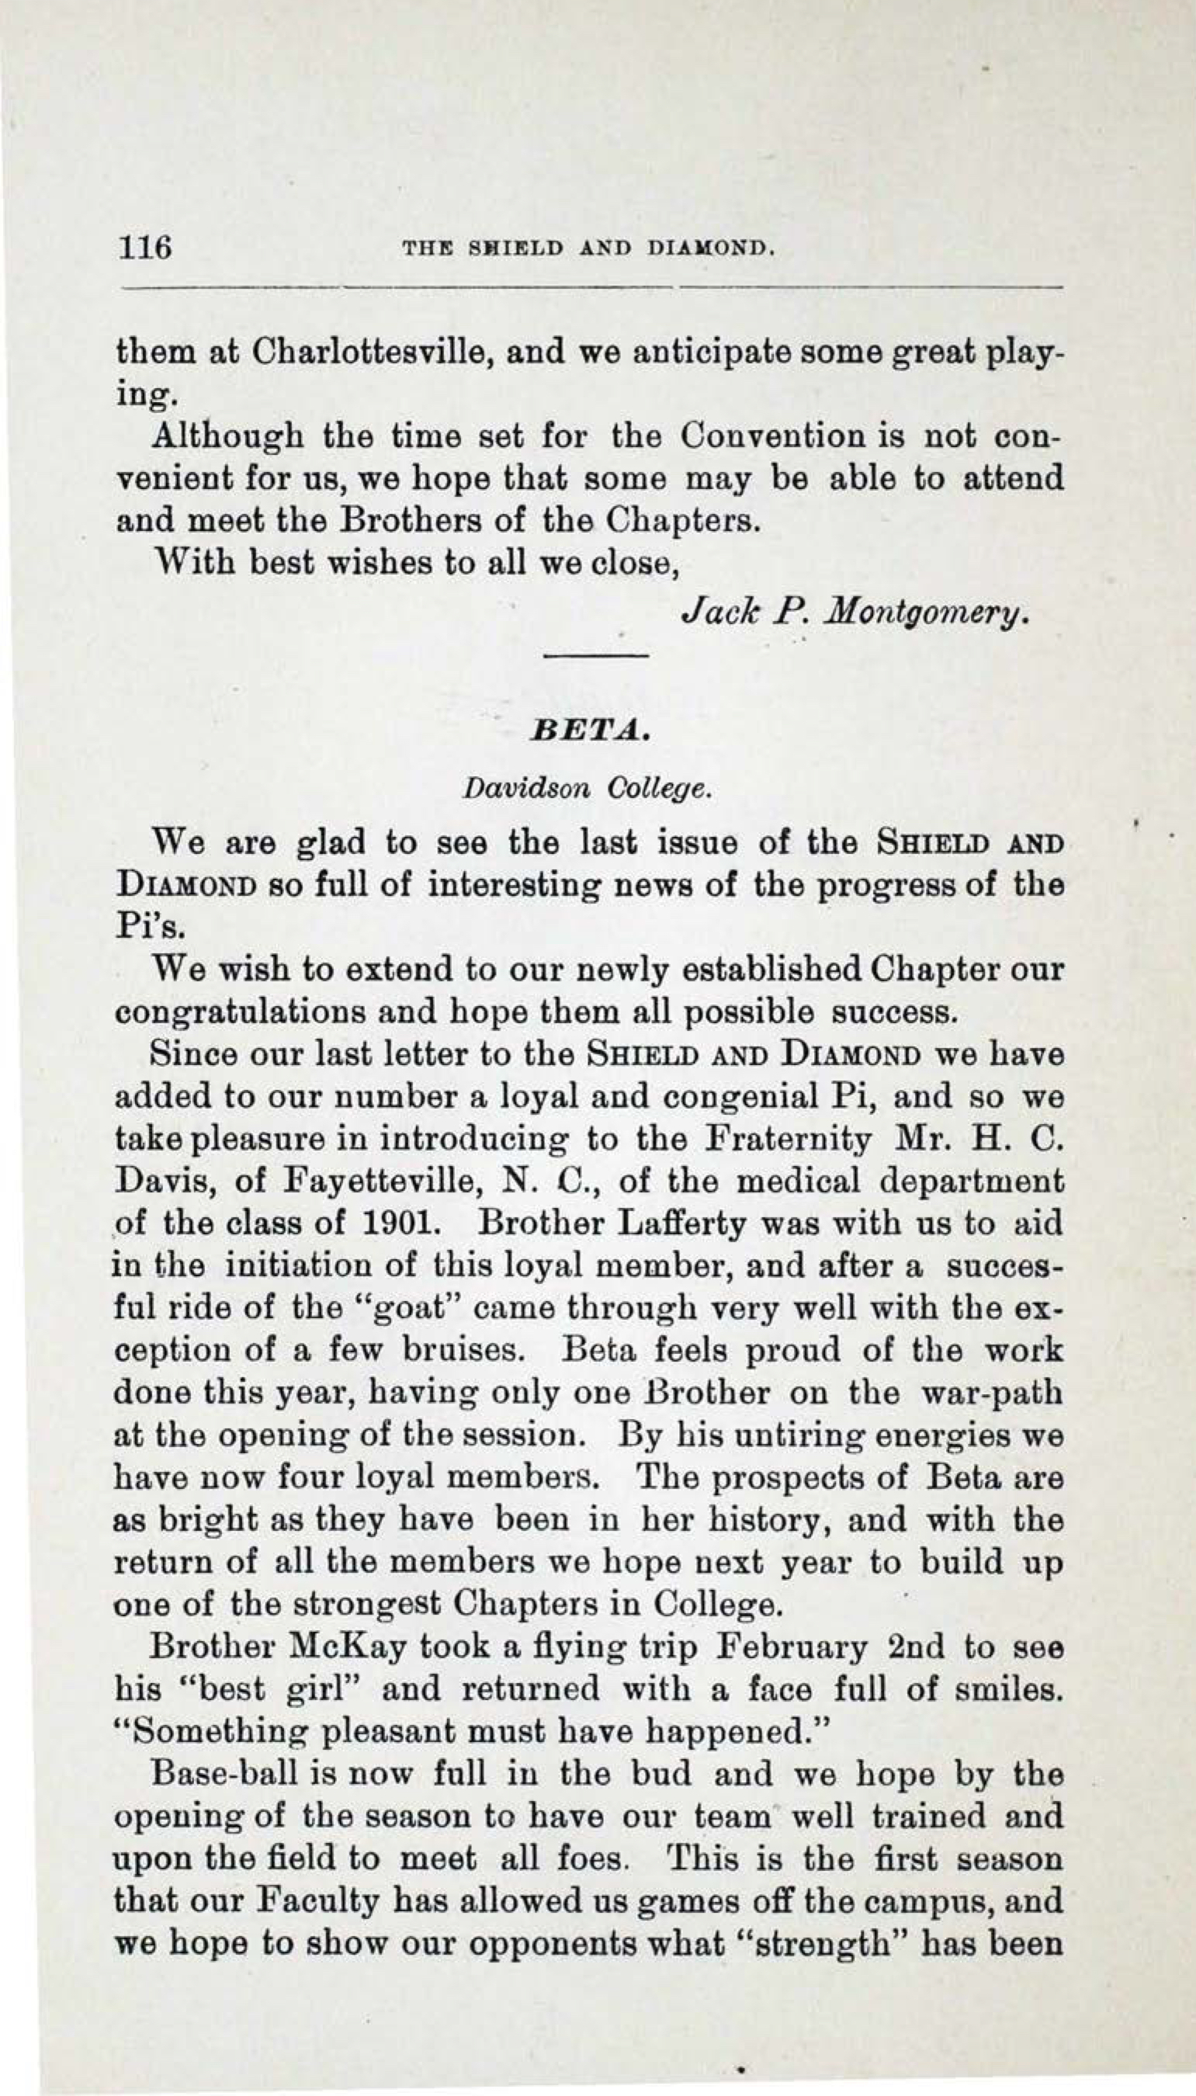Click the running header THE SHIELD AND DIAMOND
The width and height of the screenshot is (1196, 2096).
pyautogui.click(x=588, y=247)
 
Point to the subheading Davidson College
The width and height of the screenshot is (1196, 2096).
pyautogui.click(x=585, y=789)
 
